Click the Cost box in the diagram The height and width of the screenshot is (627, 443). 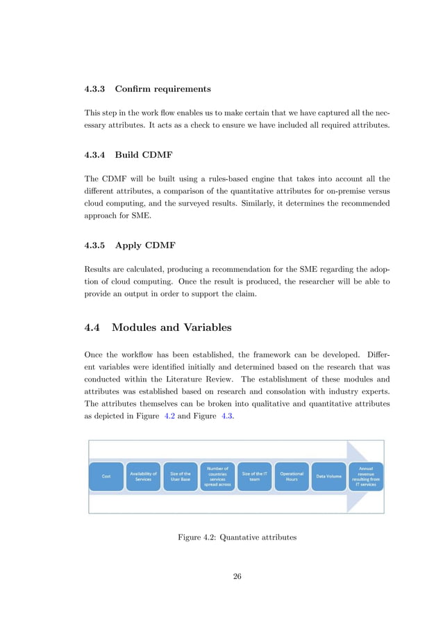[x=106, y=476]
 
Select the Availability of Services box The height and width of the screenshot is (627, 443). [x=143, y=476]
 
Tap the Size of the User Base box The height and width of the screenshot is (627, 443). [x=181, y=476]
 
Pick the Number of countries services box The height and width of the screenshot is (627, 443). [x=217, y=476]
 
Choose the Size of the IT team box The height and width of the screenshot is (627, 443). [x=255, y=476]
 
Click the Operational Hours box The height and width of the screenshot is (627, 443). [x=292, y=476]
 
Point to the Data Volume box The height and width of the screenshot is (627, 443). [x=328, y=476]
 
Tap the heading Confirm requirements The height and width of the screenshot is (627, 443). [x=163, y=89]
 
